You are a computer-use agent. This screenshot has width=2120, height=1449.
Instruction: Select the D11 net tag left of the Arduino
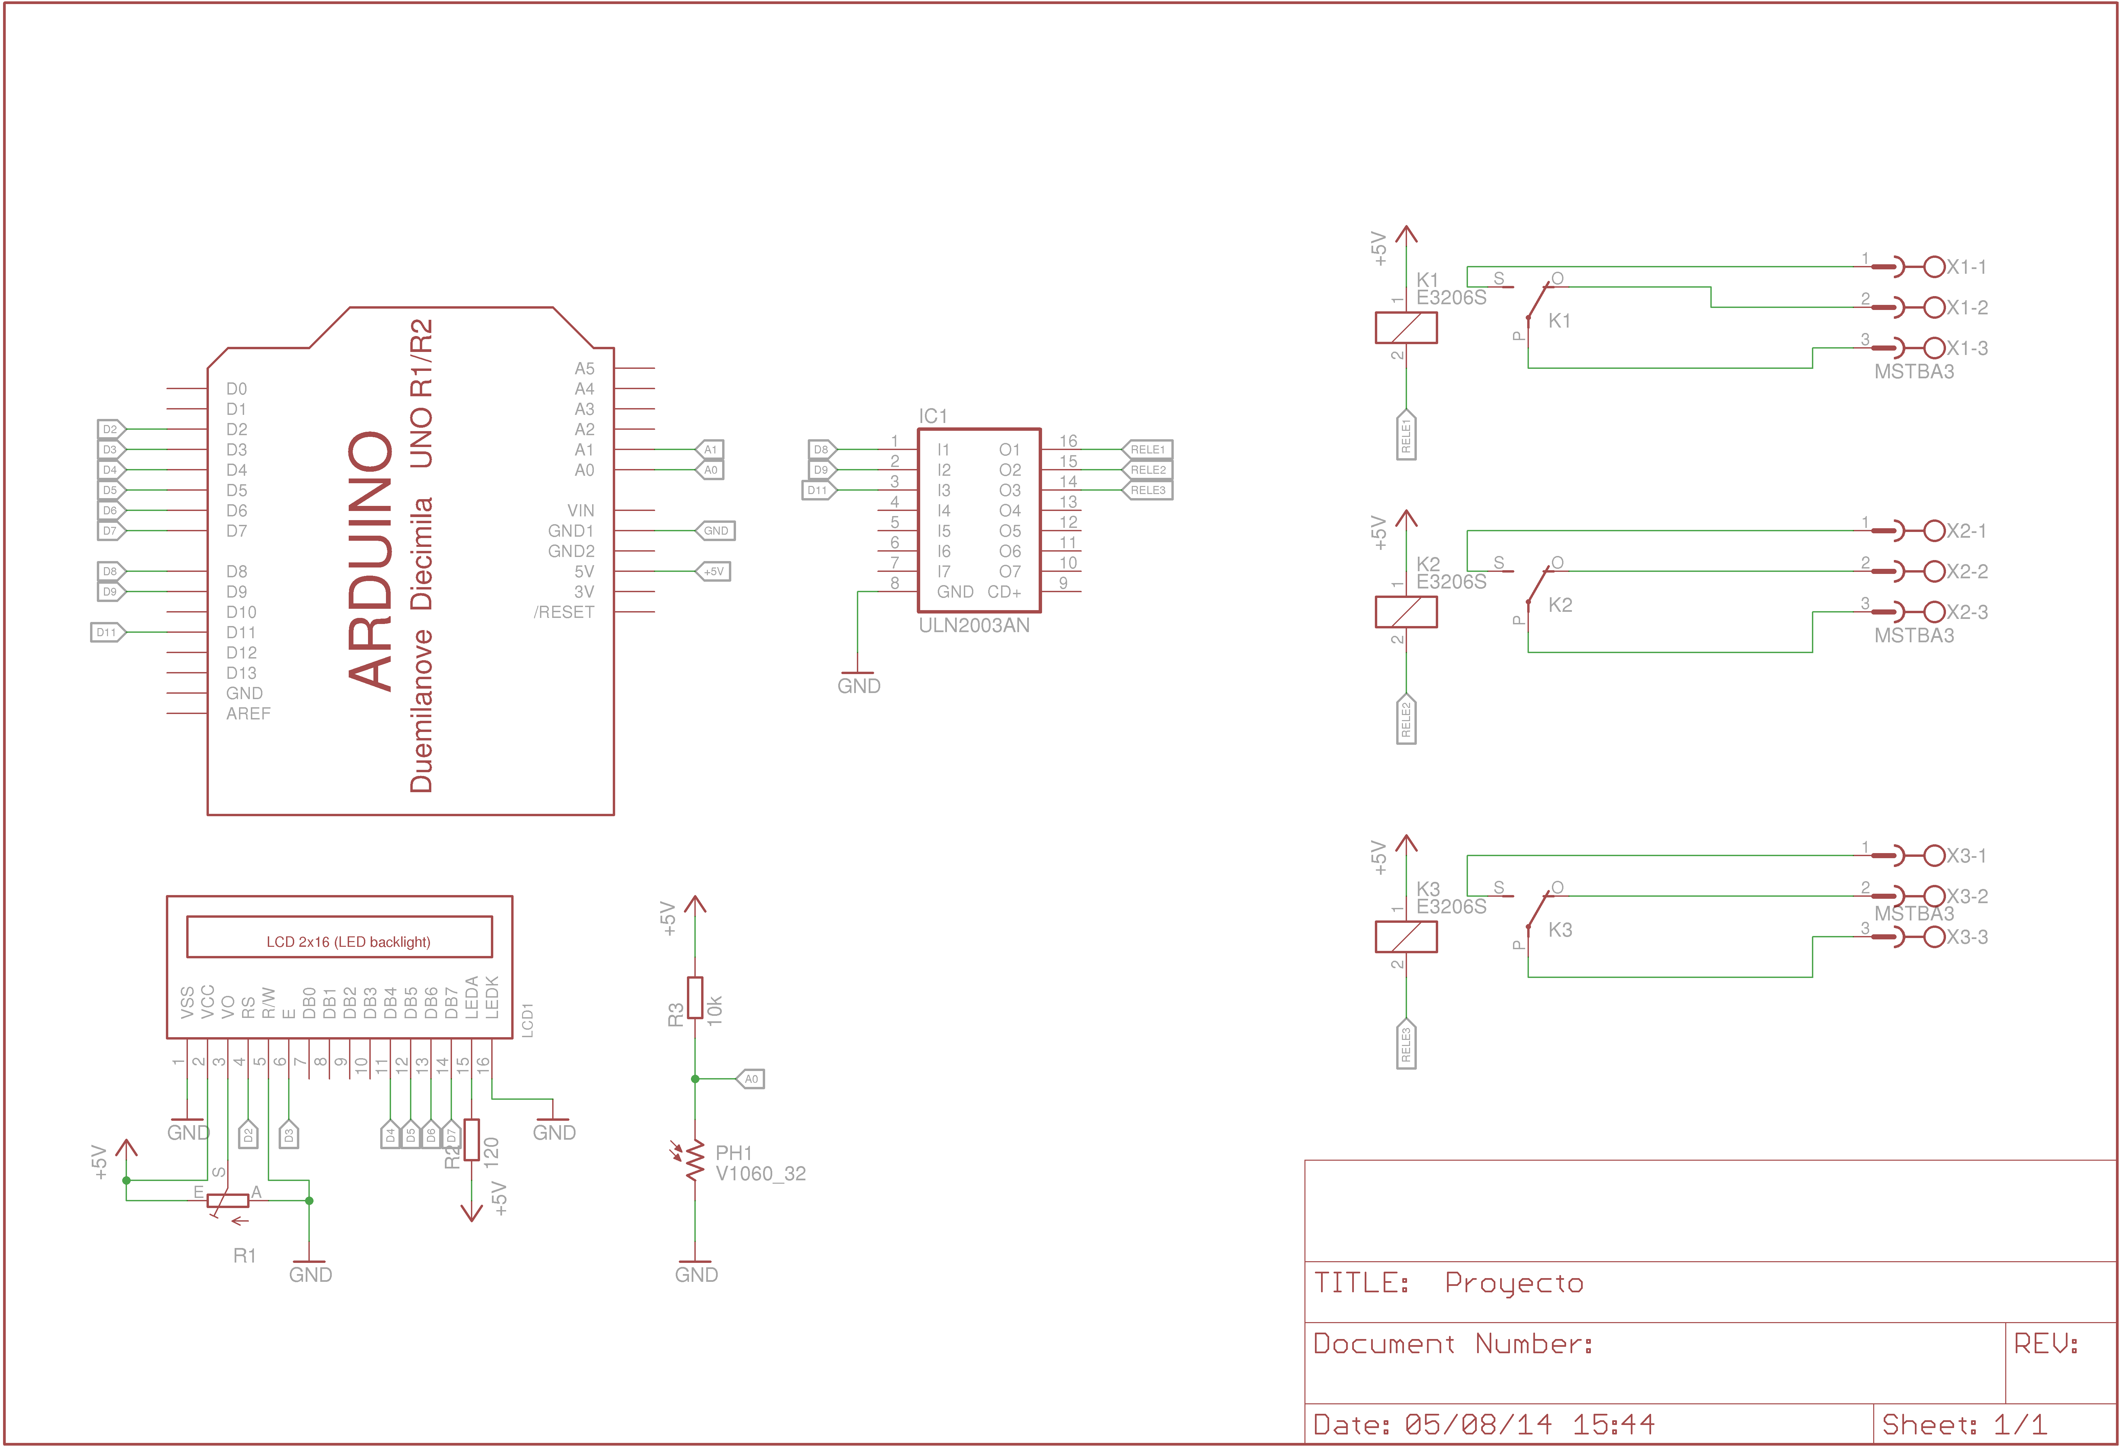107,632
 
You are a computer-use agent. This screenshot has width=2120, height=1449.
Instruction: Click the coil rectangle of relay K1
1406,327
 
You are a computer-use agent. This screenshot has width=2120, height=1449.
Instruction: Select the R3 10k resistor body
695,998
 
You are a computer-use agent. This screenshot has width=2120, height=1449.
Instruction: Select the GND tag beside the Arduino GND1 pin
715,531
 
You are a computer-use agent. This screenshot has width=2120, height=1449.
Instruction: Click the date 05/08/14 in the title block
1478,1424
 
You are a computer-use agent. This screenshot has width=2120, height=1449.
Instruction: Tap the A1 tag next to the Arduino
710,450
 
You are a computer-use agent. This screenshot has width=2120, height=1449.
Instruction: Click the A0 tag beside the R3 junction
750,1079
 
